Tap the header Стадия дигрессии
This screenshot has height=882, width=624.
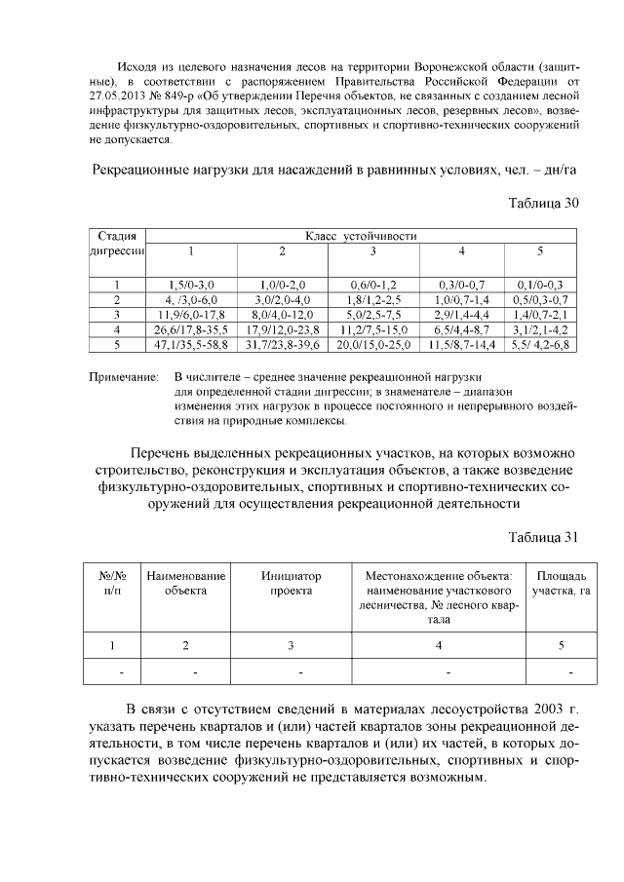pyautogui.click(x=117, y=244)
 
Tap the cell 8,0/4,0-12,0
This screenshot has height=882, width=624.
pyautogui.click(x=282, y=314)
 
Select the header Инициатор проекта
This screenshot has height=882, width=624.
pyautogui.click(x=291, y=583)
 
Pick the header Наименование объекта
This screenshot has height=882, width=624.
pyautogui.click(x=186, y=583)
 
